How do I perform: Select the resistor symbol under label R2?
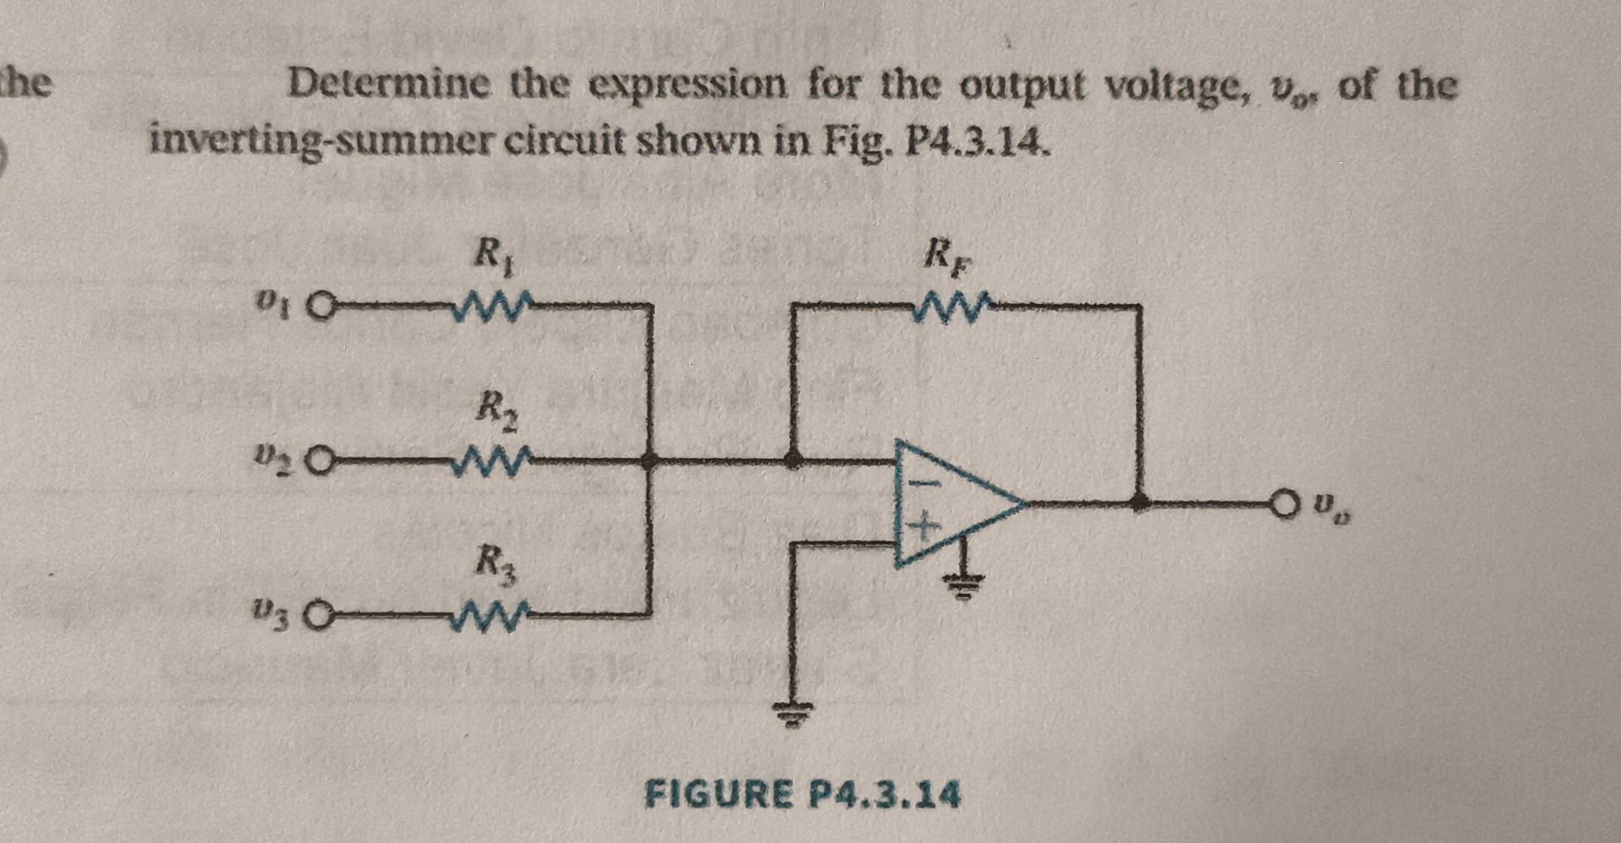point(492,461)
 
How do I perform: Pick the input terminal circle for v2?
point(319,462)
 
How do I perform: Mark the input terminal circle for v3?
point(319,617)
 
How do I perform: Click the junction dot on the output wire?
point(1140,503)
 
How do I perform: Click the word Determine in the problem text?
point(388,84)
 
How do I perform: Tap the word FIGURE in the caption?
point(719,794)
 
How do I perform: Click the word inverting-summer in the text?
point(321,139)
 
